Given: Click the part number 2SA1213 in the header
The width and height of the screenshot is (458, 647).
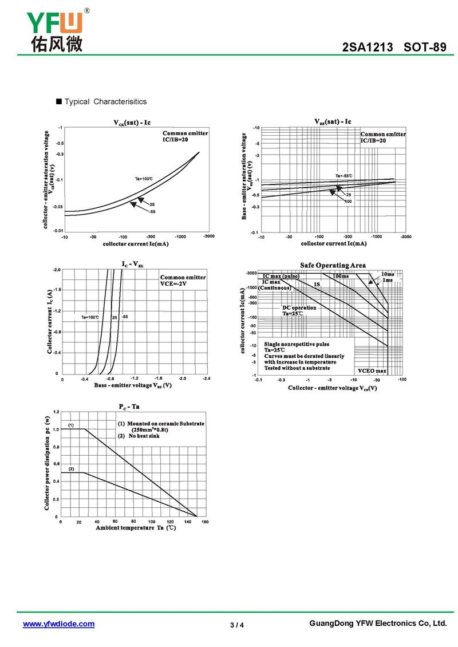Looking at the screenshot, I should [368, 48].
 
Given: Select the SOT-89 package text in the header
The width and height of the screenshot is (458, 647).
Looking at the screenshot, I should [424, 48].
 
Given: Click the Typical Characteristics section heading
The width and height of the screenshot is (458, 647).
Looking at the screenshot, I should [105, 102].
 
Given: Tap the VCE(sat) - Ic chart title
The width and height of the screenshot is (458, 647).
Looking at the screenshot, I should [132, 123].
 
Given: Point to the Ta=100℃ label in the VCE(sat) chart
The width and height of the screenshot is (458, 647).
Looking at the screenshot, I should [144, 179].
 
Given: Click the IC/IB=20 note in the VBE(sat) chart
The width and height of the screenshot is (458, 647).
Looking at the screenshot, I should [373, 140].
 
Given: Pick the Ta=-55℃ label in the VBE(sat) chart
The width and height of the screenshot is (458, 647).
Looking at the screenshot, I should [343, 176].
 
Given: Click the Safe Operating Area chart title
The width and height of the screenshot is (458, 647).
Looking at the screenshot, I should [333, 265].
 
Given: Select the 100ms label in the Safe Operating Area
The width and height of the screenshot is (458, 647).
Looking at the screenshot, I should [341, 277].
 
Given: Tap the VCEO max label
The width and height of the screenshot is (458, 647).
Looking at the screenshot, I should [372, 371].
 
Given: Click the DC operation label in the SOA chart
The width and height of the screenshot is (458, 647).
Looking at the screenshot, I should [299, 308].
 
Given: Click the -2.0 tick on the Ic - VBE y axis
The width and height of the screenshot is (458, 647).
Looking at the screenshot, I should [56, 269].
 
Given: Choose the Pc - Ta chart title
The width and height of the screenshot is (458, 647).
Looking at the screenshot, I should [129, 407].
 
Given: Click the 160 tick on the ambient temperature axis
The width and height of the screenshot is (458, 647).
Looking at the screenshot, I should [205, 522].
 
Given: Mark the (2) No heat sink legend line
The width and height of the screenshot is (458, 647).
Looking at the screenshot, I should [139, 436].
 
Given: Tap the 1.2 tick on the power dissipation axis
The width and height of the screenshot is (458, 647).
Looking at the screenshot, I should [56, 412].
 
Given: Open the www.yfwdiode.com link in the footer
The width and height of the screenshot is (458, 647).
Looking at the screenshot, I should [58, 624].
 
